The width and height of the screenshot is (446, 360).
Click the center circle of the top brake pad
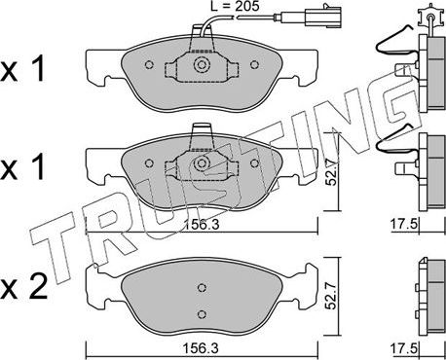(x=202, y=67)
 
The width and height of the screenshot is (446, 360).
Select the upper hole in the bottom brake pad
(x=201, y=287)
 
